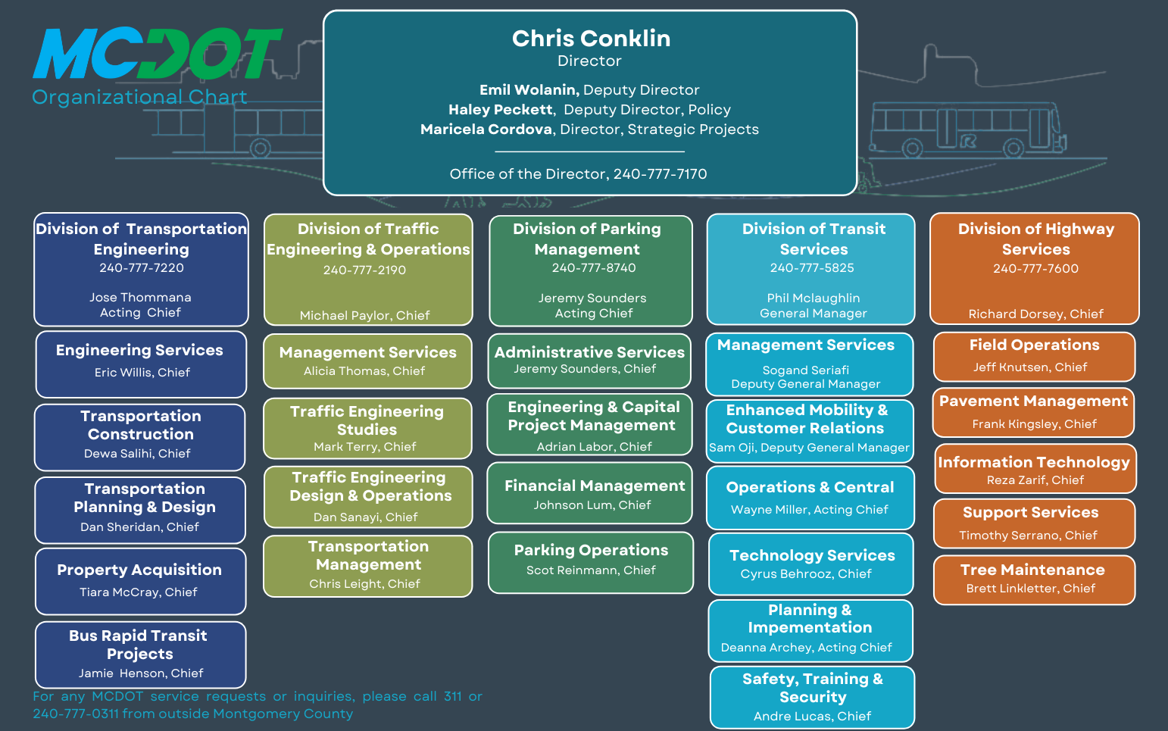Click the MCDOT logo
tap(157, 54)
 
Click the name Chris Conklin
tap(591, 39)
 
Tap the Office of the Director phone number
tap(660, 174)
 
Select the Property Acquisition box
tap(140, 580)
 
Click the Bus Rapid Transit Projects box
tap(140, 654)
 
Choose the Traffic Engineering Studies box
tap(367, 428)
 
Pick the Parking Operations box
tap(591, 561)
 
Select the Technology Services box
tap(811, 564)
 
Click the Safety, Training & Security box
tap(812, 696)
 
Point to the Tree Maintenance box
tap(1033, 579)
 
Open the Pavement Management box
tap(1033, 411)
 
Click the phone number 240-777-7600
tap(1035, 269)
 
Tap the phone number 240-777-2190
tap(364, 270)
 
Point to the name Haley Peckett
tap(500, 110)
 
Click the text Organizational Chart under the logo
tap(139, 98)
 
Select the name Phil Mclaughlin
tap(813, 298)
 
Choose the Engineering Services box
tap(140, 363)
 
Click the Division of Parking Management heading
tap(587, 239)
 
